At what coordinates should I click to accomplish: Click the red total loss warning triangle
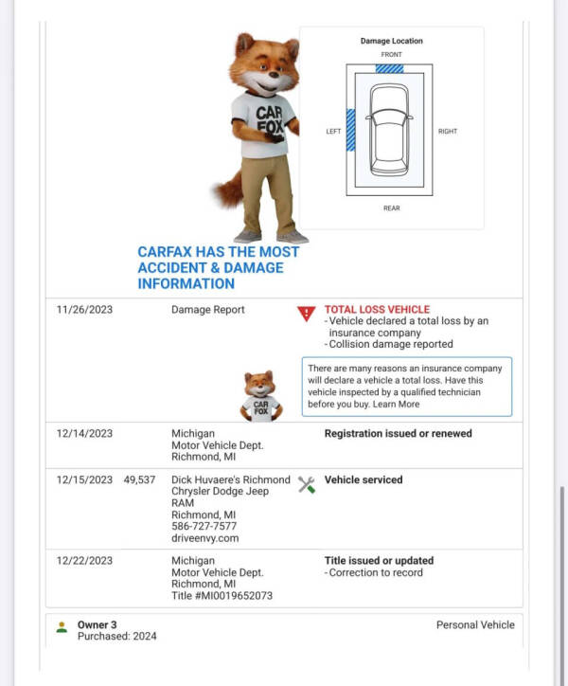[x=306, y=314]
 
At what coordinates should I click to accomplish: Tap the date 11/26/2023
[x=84, y=310]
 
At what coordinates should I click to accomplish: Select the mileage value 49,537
[x=139, y=480]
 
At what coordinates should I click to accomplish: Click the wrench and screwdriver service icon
[x=306, y=484]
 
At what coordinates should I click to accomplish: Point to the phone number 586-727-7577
[x=204, y=527]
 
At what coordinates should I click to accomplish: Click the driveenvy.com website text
[x=204, y=538]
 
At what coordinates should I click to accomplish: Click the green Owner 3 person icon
[x=62, y=626]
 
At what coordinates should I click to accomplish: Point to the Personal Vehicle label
[x=475, y=625]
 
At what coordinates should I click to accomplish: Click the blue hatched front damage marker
[x=389, y=68]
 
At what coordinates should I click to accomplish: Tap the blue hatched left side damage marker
[x=350, y=131]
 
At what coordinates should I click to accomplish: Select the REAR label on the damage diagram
[x=391, y=208]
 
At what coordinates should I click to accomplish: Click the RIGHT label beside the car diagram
[x=447, y=132]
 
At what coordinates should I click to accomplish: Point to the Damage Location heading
[x=391, y=41]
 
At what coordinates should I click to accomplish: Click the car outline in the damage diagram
[x=389, y=130]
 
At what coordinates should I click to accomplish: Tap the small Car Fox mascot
[x=259, y=395]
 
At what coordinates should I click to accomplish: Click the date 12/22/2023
[x=84, y=561]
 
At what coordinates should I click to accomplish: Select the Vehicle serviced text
[x=363, y=480]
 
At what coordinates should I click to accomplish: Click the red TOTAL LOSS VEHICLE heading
[x=377, y=310]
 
